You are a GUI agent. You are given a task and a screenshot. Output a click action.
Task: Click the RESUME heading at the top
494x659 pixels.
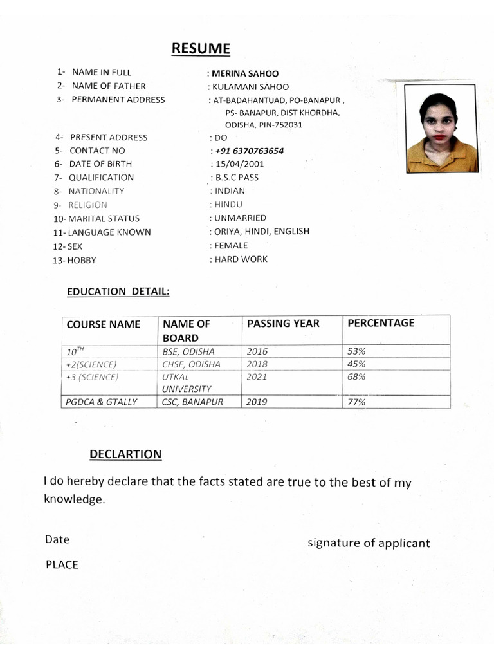coord(200,49)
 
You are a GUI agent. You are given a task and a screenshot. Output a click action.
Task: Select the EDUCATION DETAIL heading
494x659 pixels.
coord(118,292)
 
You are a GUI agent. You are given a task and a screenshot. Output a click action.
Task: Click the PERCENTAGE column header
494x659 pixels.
coord(381,323)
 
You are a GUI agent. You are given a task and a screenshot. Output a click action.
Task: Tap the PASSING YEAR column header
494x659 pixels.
coord(283,324)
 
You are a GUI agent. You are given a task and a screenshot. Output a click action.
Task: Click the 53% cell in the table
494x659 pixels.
coord(356,352)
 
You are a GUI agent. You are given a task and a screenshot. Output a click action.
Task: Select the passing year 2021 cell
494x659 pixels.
coord(257,377)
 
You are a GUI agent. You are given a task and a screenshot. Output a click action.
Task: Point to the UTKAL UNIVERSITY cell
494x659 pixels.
coord(187,383)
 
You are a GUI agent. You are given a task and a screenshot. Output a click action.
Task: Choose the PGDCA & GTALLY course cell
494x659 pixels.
coord(102,402)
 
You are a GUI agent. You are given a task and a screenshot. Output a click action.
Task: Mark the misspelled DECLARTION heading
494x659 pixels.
coord(125,454)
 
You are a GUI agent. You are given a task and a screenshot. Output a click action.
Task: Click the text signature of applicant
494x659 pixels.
coord(369,543)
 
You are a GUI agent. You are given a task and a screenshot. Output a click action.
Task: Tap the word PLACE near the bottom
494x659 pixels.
coord(62,565)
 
